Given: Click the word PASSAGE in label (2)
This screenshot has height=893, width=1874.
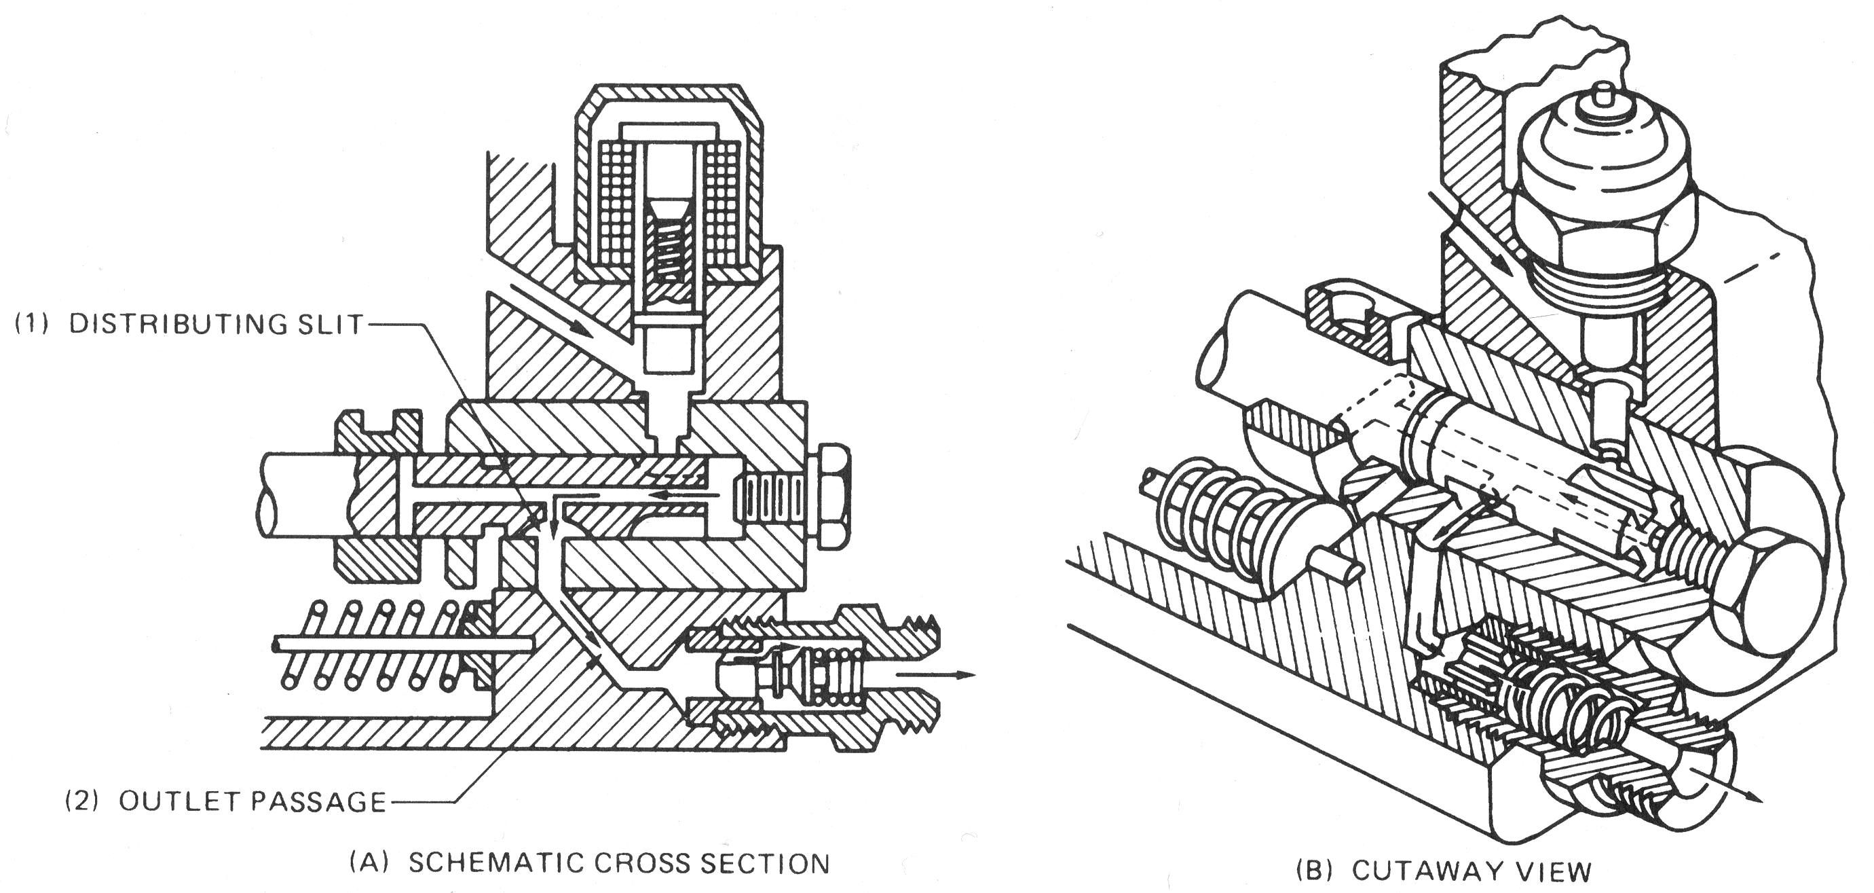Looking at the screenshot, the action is click(318, 801).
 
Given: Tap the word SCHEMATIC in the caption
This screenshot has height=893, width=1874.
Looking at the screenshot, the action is click(495, 863).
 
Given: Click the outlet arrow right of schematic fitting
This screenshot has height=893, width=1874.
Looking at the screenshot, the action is click(935, 674).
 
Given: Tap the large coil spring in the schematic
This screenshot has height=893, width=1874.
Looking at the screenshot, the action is click(375, 644).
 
